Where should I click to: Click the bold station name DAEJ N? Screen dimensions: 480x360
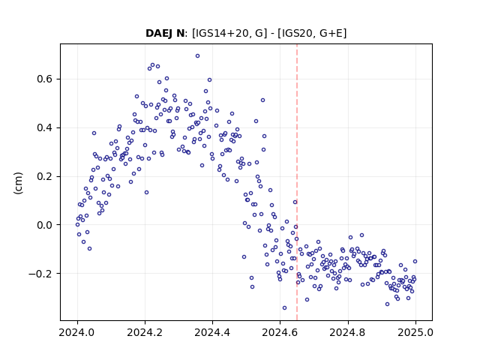click(165, 33)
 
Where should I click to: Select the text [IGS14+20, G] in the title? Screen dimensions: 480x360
click(227, 33)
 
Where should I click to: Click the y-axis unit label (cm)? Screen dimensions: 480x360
click(18, 183)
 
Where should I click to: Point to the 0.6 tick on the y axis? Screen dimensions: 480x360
click(45, 79)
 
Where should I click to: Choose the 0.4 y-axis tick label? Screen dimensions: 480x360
click(45, 127)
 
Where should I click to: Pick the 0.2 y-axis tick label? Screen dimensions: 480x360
click(45, 176)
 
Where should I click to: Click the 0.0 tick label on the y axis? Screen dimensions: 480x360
click(45, 225)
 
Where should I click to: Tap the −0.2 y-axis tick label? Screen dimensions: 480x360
click(40, 274)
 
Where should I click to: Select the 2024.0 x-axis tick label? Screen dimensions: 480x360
click(77, 332)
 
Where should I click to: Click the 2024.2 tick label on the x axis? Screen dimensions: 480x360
click(145, 332)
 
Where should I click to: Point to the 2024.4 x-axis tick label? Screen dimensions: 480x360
click(212, 332)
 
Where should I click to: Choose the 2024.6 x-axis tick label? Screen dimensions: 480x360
click(280, 332)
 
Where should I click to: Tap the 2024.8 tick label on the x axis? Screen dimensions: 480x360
click(348, 332)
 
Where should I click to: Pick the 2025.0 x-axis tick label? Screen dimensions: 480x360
click(415, 332)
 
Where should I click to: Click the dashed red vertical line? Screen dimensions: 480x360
click(297, 182)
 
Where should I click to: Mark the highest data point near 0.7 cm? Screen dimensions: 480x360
click(198, 56)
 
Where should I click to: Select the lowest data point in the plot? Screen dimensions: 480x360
click(285, 308)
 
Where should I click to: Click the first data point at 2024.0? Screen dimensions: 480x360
click(77, 225)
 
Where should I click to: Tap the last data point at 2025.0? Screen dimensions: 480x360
click(415, 262)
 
